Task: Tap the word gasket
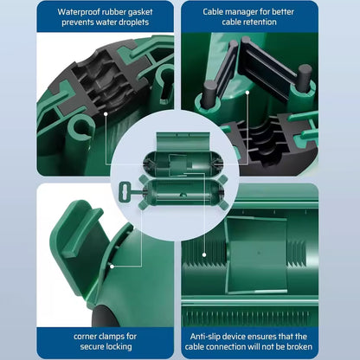(138, 13)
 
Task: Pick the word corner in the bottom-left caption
(85, 337)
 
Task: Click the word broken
(299, 346)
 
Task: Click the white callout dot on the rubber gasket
(106, 114)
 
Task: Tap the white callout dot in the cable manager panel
(247, 93)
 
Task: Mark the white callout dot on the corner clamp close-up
(112, 267)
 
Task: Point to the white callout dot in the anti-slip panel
(204, 254)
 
